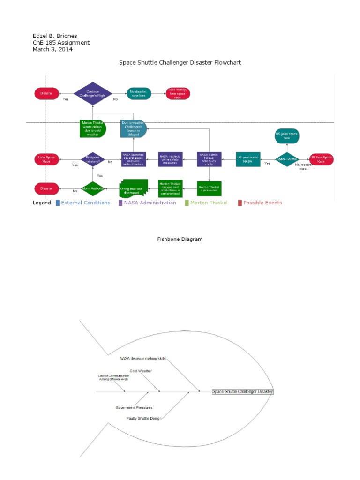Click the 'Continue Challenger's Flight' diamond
point(93,94)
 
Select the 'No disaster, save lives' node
point(138,94)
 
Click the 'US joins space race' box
point(286,136)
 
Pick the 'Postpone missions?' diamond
point(93,159)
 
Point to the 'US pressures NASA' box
point(248,159)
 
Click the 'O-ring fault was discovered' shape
point(134,188)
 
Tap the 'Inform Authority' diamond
point(93,188)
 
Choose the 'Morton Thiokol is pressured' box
point(209,188)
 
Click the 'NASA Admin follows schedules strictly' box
point(209,159)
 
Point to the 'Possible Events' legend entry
point(262,203)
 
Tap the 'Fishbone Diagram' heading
point(180,240)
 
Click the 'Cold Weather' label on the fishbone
point(141,371)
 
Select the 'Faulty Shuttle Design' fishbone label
point(144,418)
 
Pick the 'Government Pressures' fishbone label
point(134,408)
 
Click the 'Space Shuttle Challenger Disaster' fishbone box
point(242,391)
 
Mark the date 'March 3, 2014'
point(52,50)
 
